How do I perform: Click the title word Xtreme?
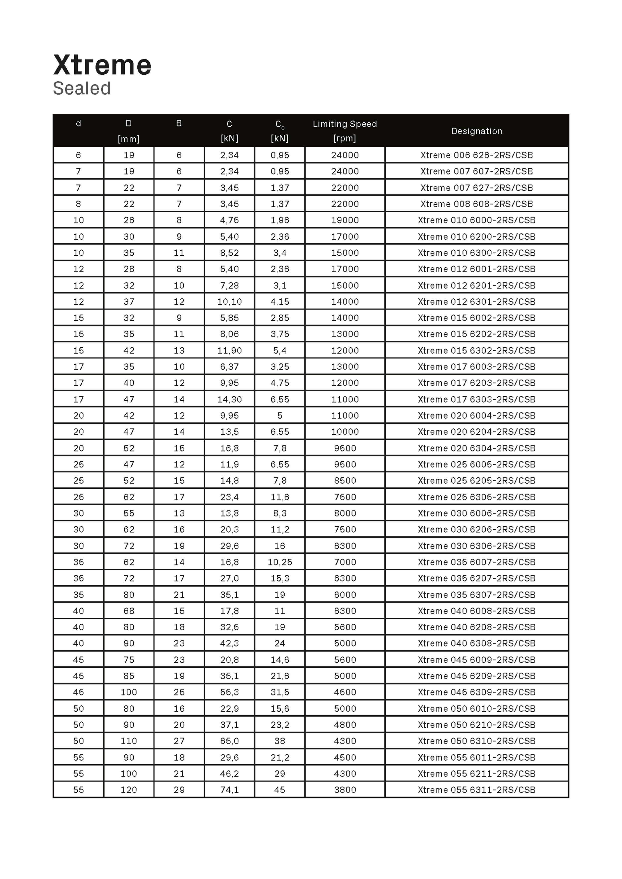pos(102,65)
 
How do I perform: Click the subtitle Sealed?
pos(82,89)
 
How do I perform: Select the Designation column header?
pos(476,131)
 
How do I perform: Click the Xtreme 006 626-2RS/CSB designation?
pos(476,155)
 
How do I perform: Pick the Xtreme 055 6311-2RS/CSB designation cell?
pos(476,790)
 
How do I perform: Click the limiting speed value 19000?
pos(345,220)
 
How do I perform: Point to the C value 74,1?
pos(229,790)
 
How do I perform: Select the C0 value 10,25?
pos(280,562)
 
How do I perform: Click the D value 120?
pos(129,790)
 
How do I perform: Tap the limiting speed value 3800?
pos(345,790)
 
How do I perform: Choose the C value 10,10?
pos(229,302)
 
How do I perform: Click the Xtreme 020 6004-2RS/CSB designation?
pos(476,416)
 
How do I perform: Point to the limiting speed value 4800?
pos(345,725)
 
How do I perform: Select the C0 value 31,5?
pos(280,692)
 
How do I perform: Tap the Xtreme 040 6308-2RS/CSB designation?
pos(476,643)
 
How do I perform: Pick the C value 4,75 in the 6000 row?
pos(229,220)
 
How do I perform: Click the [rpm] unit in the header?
pos(345,138)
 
